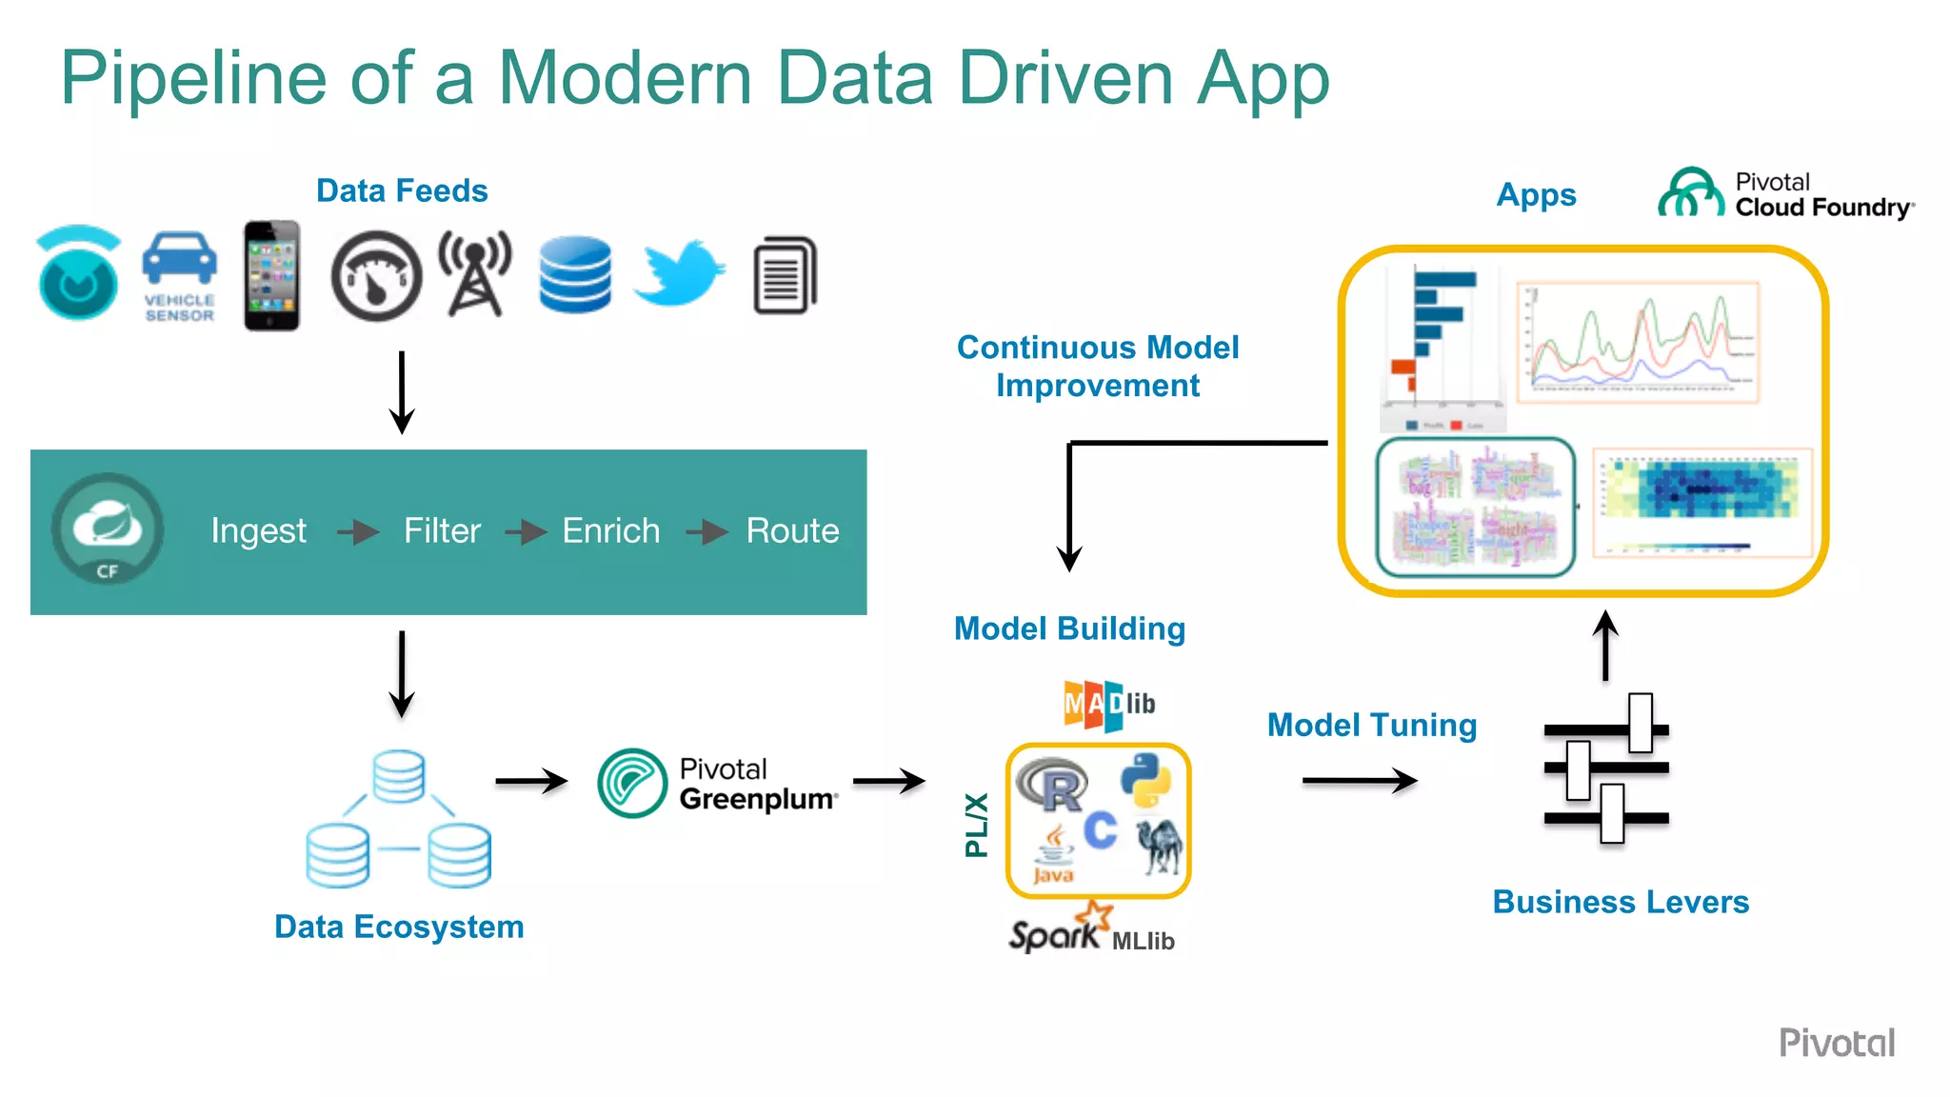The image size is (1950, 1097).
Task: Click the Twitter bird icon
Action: click(679, 273)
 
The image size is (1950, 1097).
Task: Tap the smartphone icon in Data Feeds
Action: click(271, 276)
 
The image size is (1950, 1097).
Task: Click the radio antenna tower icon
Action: click(474, 273)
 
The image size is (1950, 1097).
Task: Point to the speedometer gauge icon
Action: click(376, 276)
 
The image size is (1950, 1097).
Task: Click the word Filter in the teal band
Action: click(442, 530)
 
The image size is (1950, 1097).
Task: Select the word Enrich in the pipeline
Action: click(610, 530)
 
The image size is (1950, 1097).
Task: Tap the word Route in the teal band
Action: click(792, 530)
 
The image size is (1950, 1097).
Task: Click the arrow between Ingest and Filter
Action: click(358, 531)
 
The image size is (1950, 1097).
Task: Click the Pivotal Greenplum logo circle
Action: click(632, 783)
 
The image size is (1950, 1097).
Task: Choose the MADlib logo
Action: click(1109, 705)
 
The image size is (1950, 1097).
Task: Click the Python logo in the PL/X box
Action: click(1145, 780)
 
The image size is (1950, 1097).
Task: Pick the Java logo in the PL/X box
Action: click(1053, 855)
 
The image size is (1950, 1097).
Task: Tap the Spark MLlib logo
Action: click(1091, 929)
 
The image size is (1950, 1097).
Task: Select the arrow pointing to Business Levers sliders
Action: click(1360, 781)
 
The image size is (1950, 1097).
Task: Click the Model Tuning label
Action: click(1371, 726)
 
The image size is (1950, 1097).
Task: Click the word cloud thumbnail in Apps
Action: click(1475, 508)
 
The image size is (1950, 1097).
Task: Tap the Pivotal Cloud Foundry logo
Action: click(1785, 194)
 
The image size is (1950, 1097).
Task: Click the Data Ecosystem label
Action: click(399, 927)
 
